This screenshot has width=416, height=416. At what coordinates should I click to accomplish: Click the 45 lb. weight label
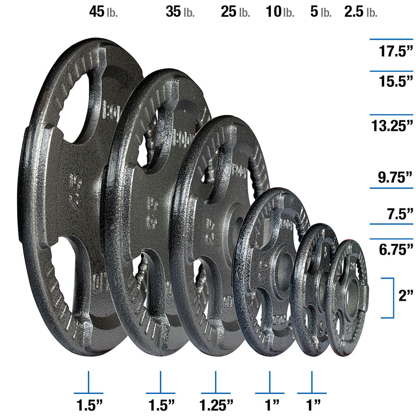(103, 12)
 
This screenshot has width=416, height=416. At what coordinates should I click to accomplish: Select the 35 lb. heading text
(180, 12)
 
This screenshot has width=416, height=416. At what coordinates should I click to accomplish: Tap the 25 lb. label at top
(235, 12)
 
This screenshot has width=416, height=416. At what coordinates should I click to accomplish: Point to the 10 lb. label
(280, 12)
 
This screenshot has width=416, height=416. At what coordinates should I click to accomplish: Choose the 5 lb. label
(320, 12)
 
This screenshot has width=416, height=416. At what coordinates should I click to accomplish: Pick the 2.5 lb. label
(361, 12)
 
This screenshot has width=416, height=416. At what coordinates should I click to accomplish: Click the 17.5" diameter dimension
(396, 52)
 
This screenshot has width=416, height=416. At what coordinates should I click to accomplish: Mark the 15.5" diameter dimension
(396, 81)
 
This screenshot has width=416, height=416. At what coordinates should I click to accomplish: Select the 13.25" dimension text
(392, 126)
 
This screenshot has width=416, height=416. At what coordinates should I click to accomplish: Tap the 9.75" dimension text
(395, 178)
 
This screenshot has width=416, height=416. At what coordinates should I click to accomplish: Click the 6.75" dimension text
(396, 250)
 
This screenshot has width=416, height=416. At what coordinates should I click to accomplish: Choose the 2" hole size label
(405, 296)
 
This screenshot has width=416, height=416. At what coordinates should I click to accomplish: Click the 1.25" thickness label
(216, 405)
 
